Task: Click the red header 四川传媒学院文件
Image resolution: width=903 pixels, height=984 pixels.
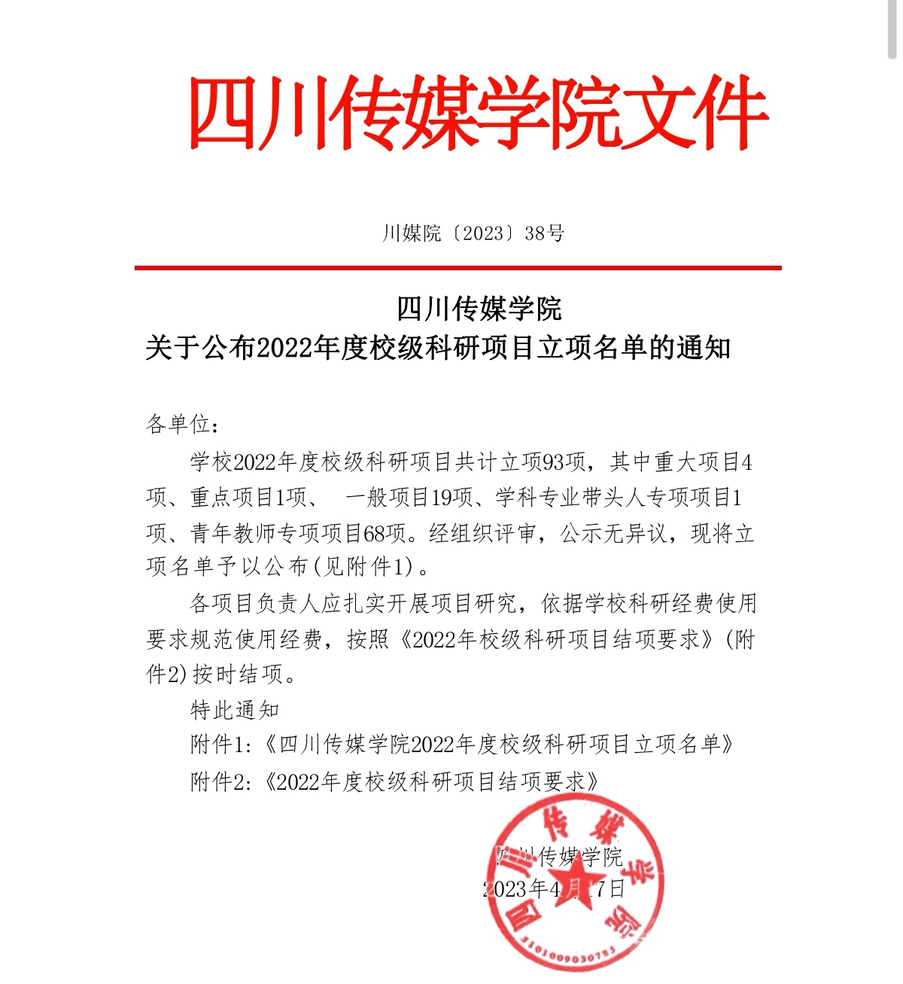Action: (x=478, y=113)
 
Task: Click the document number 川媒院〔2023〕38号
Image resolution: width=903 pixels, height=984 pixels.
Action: (x=473, y=233)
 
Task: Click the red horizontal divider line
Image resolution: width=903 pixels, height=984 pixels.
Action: (x=458, y=267)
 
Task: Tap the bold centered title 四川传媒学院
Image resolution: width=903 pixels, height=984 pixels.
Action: (x=479, y=309)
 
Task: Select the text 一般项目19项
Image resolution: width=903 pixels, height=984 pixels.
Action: (x=409, y=498)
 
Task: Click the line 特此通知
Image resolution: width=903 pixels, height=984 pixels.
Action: (x=235, y=709)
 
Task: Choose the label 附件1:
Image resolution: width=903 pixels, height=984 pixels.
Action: (x=219, y=745)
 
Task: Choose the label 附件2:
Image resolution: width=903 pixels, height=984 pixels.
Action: (x=219, y=781)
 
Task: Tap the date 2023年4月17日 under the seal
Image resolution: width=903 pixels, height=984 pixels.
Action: (x=555, y=889)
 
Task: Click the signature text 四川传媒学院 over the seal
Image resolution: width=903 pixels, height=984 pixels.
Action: (x=560, y=857)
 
